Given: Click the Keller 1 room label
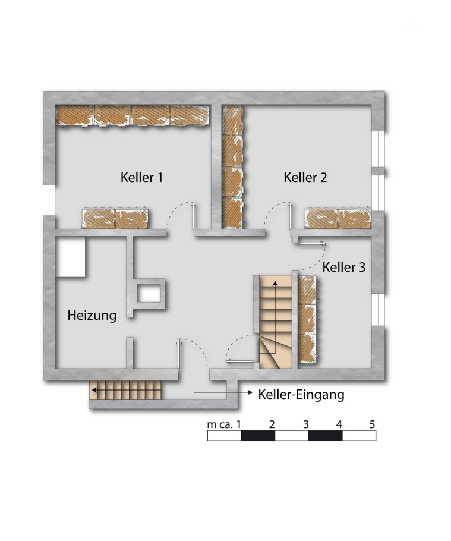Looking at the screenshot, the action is click(141, 177).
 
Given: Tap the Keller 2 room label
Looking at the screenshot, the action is click(305, 177).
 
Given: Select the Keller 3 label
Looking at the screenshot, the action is click(344, 267).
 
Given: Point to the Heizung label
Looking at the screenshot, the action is click(92, 315).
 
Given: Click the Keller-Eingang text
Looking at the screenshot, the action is click(301, 394).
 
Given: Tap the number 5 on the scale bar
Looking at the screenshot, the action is click(372, 424).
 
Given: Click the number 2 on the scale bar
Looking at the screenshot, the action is click(272, 424).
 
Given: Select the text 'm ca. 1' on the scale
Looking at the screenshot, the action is click(224, 424).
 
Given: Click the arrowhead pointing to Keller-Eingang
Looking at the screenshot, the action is click(250, 392).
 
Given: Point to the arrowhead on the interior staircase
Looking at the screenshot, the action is click(275, 283).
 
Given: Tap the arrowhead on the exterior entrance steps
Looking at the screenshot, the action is click(94, 390).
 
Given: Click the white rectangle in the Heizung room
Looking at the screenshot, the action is click(71, 257).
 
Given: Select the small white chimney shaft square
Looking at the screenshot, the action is click(149, 294).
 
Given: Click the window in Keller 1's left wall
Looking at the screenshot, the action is click(49, 200).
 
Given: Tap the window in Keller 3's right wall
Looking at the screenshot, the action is click(379, 310).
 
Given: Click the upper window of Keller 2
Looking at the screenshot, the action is click(379, 149).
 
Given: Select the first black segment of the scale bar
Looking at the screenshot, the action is click(258, 436).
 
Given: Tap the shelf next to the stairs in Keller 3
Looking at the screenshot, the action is click(307, 319).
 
